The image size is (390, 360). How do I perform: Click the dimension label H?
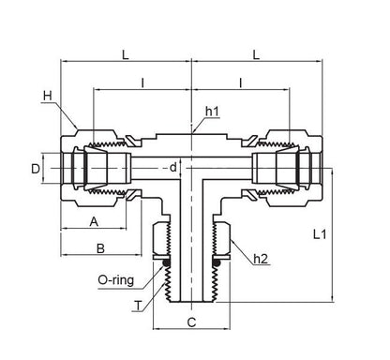pos(48,96)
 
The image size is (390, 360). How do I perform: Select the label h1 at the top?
pos(213,112)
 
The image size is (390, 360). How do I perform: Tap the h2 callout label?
pos(261,259)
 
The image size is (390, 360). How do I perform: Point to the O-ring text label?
pos(116,280)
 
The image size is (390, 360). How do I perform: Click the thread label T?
pos(139,306)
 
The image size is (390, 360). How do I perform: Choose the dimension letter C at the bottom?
pos(191,322)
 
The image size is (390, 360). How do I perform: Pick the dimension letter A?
pos(94,222)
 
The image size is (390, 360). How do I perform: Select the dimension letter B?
pos(100,248)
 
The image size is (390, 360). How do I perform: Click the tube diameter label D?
pos(36,169)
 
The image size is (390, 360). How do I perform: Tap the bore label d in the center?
pos(172,168)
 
